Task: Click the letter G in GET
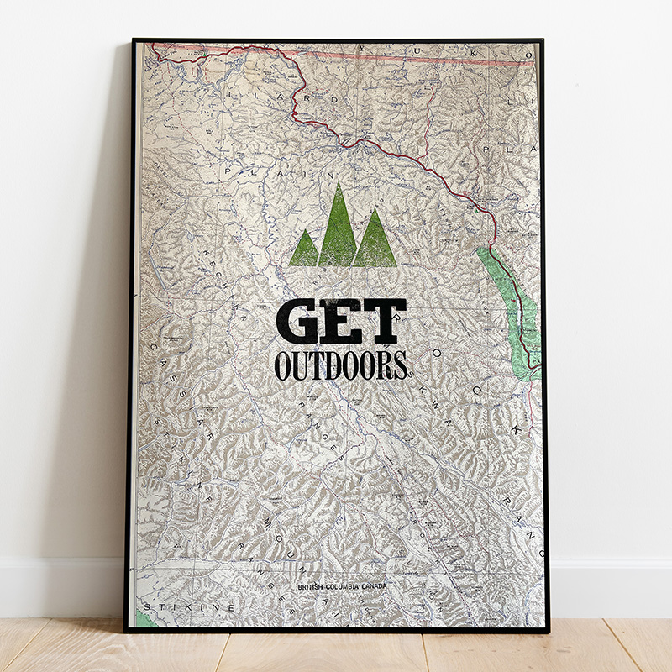coord(298,322)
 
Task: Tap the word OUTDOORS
coord(340,365)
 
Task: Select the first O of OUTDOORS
coord(283,365)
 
